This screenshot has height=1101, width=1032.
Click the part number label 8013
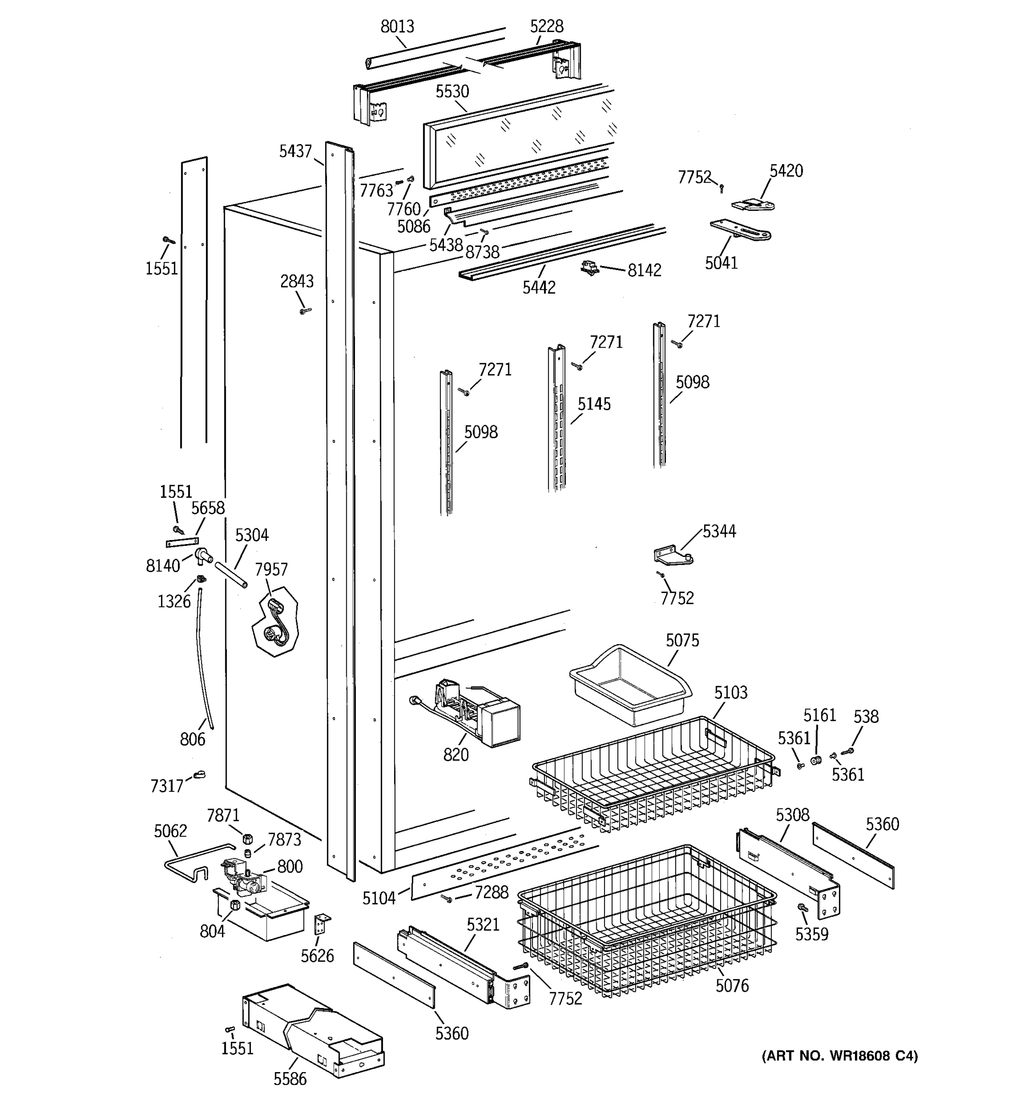pyautogui.click(x=397, y=26)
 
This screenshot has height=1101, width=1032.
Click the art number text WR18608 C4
pyautogui.click(x=839, y=1056)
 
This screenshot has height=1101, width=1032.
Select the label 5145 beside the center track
pyautogui.click(x=594, y=404)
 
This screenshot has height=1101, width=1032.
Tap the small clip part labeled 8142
pyautogui.click(x=590, y=269)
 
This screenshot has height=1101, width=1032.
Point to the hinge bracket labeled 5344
pyautogui.click(x=673, y=556)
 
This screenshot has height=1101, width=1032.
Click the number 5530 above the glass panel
pyautogui.click(x=452, y=91)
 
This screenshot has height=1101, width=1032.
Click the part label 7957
pyautogui.click(x=271, y=569)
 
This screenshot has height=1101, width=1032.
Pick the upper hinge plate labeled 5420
pyautogui.click(x=753, y=205)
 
